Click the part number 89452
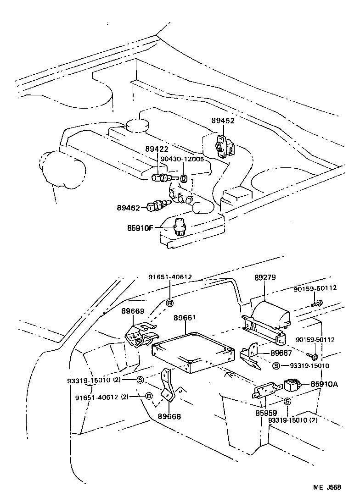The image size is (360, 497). pos(223,121)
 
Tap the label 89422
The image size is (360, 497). pos(157,149)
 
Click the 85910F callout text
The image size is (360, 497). pos(140,227)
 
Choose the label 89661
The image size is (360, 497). pos(185,318)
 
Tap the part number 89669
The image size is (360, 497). pos(133,310)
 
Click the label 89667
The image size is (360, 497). pos(281,353)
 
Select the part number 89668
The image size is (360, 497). pos(169,416)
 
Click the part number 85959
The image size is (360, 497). pos(266,413)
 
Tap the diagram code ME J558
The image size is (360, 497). pos(327,487)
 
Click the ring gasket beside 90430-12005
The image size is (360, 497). pos(183,178)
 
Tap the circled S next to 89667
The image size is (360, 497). pos(276,365)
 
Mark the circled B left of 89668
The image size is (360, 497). pos(148,396)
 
